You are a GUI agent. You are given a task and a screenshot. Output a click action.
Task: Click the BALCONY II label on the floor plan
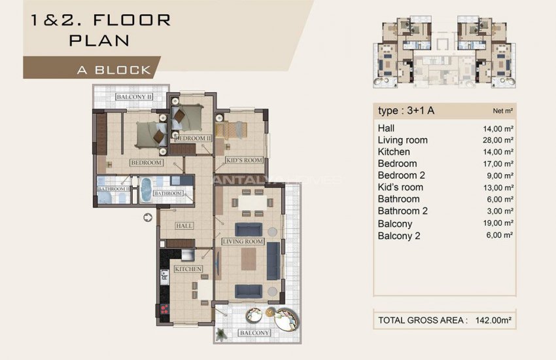point(134,98)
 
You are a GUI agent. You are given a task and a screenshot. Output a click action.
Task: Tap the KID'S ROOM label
point(243,160)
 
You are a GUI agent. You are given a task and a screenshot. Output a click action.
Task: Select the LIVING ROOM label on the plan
point(242,242)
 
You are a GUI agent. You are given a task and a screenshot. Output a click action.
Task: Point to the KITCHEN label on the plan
point(188,269)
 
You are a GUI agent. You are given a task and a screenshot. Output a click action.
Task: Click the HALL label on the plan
point(184,226)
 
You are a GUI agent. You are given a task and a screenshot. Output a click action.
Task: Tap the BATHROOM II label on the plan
point(114,190)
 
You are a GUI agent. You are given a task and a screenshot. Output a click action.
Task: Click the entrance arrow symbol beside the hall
point(147,217)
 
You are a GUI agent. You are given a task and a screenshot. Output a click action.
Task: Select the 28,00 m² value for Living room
point(498,140)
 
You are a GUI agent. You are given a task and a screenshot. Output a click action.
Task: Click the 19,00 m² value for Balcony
point(498,223)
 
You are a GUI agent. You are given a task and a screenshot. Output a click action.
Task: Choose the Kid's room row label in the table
point(400,187)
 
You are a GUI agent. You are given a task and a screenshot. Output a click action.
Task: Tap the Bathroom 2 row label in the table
point(402,211)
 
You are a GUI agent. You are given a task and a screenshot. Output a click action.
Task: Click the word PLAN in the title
point(99,40)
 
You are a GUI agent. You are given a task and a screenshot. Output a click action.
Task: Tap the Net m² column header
point(502,111)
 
